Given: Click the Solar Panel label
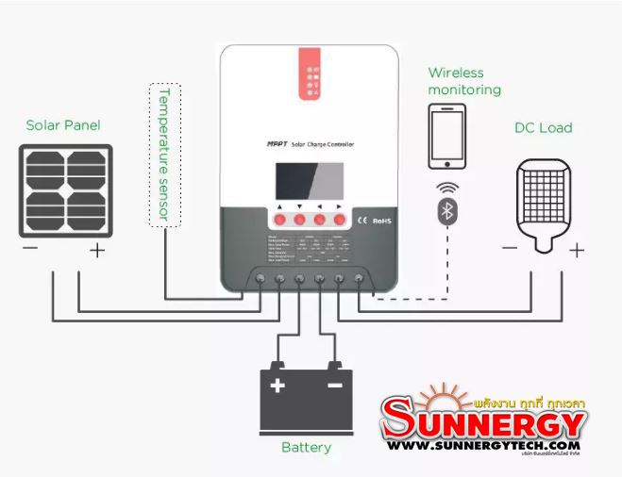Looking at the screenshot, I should click(63, 125).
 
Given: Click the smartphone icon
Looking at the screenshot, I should click(448, 135).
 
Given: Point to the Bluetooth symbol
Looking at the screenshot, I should click(448, 210).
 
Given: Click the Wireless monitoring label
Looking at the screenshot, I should click(464, 81).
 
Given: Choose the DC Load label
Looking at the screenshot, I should click(543, 127).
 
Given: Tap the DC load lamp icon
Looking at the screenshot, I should click(544, 206).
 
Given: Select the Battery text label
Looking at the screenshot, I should click(306, 447).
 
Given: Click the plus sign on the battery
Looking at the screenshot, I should click(277, 386).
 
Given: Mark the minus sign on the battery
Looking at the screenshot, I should click(334, 386).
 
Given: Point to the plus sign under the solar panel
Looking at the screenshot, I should click(96, 250).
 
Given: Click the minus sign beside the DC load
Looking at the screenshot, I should click(510, 248).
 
